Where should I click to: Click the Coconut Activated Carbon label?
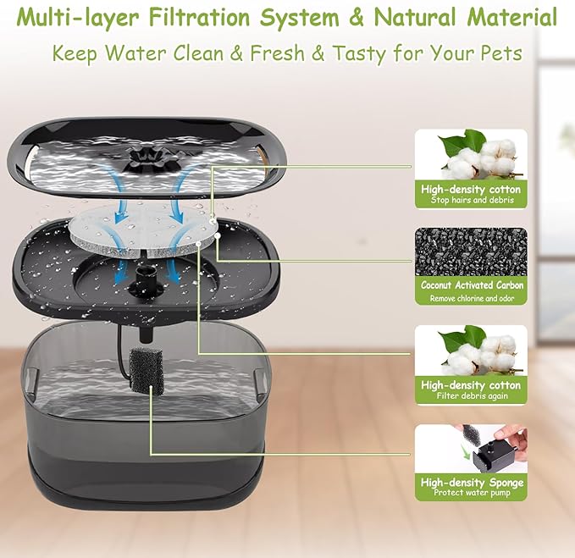point(472,285)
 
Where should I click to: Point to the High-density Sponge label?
point(472,483)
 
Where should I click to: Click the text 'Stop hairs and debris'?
point(472,202)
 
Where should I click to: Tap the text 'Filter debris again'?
point(472,396)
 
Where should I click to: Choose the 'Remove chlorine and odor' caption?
point(472,298)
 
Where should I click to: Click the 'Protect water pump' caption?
point(472,493)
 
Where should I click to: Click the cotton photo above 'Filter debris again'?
point(472,350)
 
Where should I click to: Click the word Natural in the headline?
point(418,18)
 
